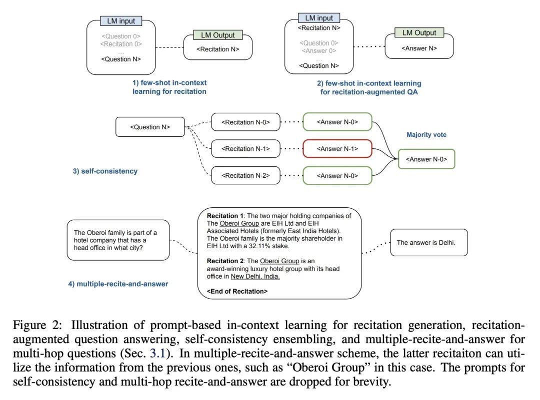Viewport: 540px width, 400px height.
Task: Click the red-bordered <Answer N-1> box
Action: (337, 149)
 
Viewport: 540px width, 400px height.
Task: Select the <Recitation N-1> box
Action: (245, 149)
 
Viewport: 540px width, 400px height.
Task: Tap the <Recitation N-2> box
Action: (245, 176)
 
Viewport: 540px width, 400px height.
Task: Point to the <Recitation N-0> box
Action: (245, 122)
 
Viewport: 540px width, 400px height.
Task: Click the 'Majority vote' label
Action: (426, 135)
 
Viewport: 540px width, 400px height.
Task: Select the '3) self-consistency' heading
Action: (105, 171)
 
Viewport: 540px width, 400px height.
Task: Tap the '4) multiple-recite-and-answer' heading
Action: (118, 284)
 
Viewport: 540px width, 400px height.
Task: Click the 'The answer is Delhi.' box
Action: (429, 243)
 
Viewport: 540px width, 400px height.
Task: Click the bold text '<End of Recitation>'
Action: (237, 291)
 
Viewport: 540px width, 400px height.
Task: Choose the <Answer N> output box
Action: (419, 48)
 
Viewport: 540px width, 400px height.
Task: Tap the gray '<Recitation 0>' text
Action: (121, 44)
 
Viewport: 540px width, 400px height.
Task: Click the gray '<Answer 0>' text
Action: (319, 50)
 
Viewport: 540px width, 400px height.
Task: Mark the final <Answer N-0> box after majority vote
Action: (426, 159)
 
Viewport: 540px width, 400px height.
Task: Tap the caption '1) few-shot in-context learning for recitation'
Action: (169, 87)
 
